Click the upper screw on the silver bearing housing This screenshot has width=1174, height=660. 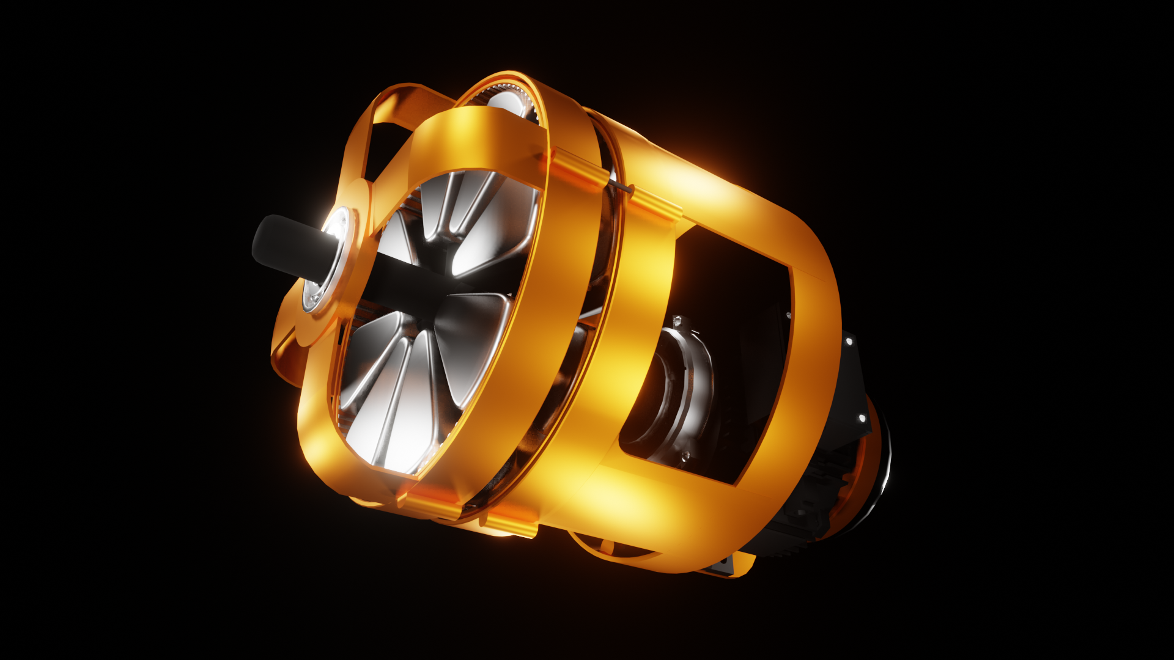[677, 321]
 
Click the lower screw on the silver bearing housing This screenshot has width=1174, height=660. [685, 455]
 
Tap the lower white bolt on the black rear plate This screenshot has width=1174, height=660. [862, 419]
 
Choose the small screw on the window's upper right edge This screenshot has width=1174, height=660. [789, 316]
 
